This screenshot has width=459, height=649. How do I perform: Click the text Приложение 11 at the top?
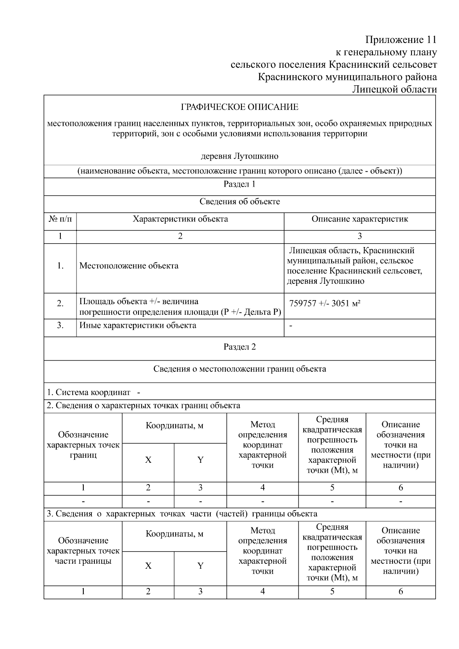click(400, 40)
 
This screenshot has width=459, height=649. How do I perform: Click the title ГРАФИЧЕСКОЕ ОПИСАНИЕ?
click(239, 107)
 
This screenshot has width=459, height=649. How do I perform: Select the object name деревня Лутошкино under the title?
click(239, 156)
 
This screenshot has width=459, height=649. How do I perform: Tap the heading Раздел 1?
click(239, 184)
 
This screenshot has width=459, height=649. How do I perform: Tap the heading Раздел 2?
click(239, 347)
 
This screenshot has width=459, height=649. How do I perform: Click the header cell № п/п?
click(60, 219)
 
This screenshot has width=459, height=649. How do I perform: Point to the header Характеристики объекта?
click(180, 219)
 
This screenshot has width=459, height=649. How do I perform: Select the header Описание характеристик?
click(360, 219)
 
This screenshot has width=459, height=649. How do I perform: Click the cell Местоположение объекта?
click(129, 266)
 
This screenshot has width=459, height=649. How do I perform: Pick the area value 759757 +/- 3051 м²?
click(325, 303)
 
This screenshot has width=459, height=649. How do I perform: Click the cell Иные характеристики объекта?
click(138, 325)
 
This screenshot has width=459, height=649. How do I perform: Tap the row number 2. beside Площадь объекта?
click(60, 304)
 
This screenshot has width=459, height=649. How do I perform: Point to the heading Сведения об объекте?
click(239, 202)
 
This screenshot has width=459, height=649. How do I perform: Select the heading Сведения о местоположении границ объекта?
click(239, 369)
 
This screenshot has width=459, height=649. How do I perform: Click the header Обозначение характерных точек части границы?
click(83, 551)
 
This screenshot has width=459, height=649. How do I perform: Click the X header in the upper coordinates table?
click(148, 460)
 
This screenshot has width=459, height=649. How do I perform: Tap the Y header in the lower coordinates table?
click(200, 566)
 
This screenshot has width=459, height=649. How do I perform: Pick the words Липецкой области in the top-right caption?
click(394, 89)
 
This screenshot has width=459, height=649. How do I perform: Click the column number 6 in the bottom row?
click(400, 592)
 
